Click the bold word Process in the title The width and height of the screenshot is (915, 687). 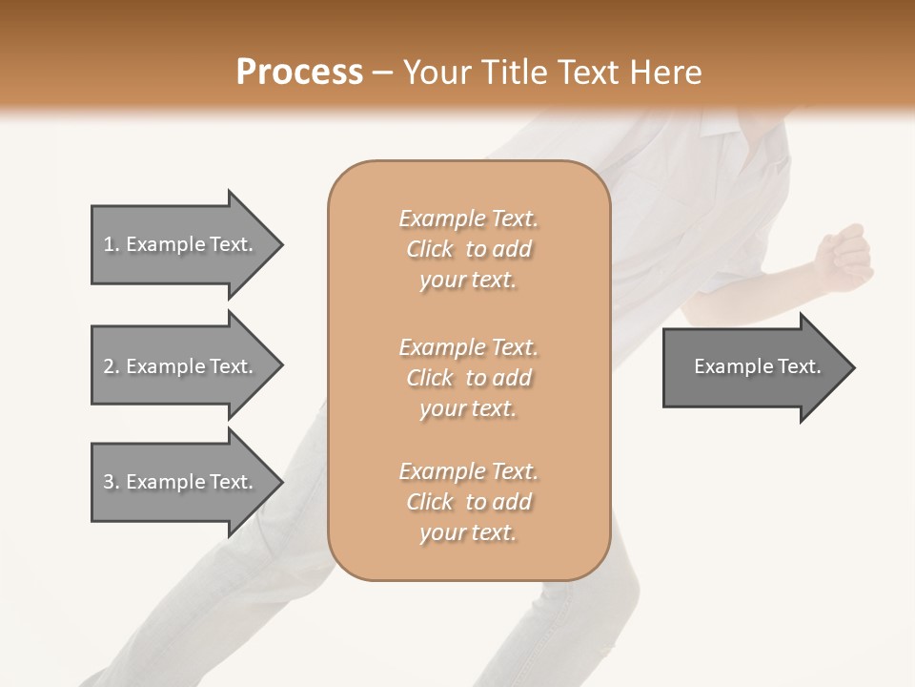[x=299, y=73]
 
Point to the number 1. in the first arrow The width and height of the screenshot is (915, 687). [x=111, y=244]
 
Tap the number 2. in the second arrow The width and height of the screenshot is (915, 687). [x=111, y=366]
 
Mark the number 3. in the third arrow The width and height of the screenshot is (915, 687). [x=111, y=482]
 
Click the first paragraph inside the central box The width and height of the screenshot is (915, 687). [x=468, y=249]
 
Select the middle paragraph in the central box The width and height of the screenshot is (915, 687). [x=468, y=378]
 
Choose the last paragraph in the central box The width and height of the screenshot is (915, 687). [x=468, y=502]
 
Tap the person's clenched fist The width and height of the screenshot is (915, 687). [x=844, y=258]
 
